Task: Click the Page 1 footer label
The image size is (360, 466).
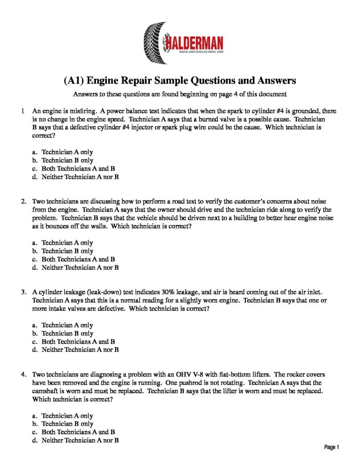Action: pos(332,447)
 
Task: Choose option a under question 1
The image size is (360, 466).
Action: pos(67,152)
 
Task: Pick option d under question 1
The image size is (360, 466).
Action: pos(80,177)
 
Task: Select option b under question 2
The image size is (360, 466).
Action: pos(67,251)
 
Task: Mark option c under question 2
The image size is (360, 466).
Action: pos(78,259)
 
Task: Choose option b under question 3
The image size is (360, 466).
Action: pos(67,333)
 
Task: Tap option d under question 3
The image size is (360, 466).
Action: pos(80,349)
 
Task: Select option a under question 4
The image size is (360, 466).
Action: pos(67,415)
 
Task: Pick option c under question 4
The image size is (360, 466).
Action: pos(78,432)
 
